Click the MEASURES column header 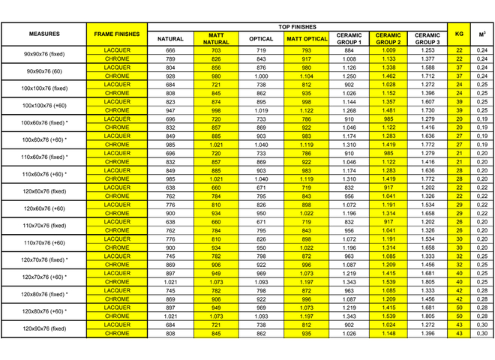[x=44, y=34]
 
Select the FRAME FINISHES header [x=117, y=34]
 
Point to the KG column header [x=459, y=34]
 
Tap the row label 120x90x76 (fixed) [x=44, y=328]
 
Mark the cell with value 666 [x=170, y=50]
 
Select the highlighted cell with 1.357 [x=388, y=101]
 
